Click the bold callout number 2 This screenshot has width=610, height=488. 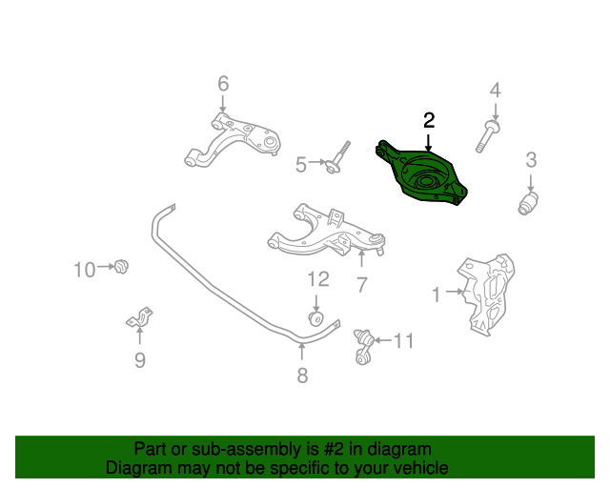429,120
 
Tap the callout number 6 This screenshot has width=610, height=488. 223,84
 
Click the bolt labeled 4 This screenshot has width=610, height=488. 487,136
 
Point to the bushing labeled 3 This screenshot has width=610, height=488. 528,203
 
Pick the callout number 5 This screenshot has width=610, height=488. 301,165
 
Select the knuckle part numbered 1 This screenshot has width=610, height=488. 486,295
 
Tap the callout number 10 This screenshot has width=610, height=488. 85,270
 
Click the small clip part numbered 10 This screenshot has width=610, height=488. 121,267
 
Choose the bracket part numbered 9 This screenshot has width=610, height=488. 139,317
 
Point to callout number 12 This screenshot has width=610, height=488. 318,279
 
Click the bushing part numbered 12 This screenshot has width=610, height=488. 315,318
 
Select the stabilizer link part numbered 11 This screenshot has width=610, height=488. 364,347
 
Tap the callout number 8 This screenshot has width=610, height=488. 302,376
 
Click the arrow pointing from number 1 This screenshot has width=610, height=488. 455,291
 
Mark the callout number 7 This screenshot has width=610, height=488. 362,285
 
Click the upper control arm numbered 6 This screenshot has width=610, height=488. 233,140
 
